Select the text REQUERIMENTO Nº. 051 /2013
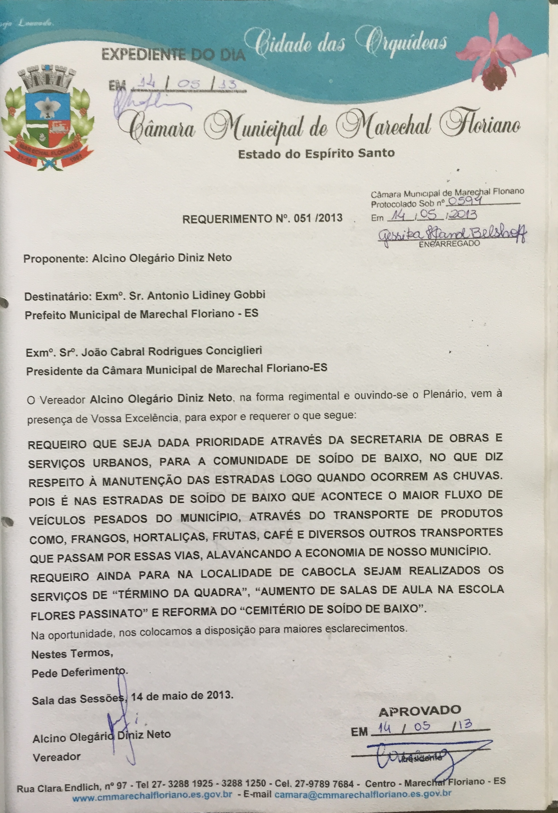tap(262, 218)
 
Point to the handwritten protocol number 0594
tap(465, 201)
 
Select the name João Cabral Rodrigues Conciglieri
tap(172, 351)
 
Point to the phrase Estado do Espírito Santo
tap(316, 154)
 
